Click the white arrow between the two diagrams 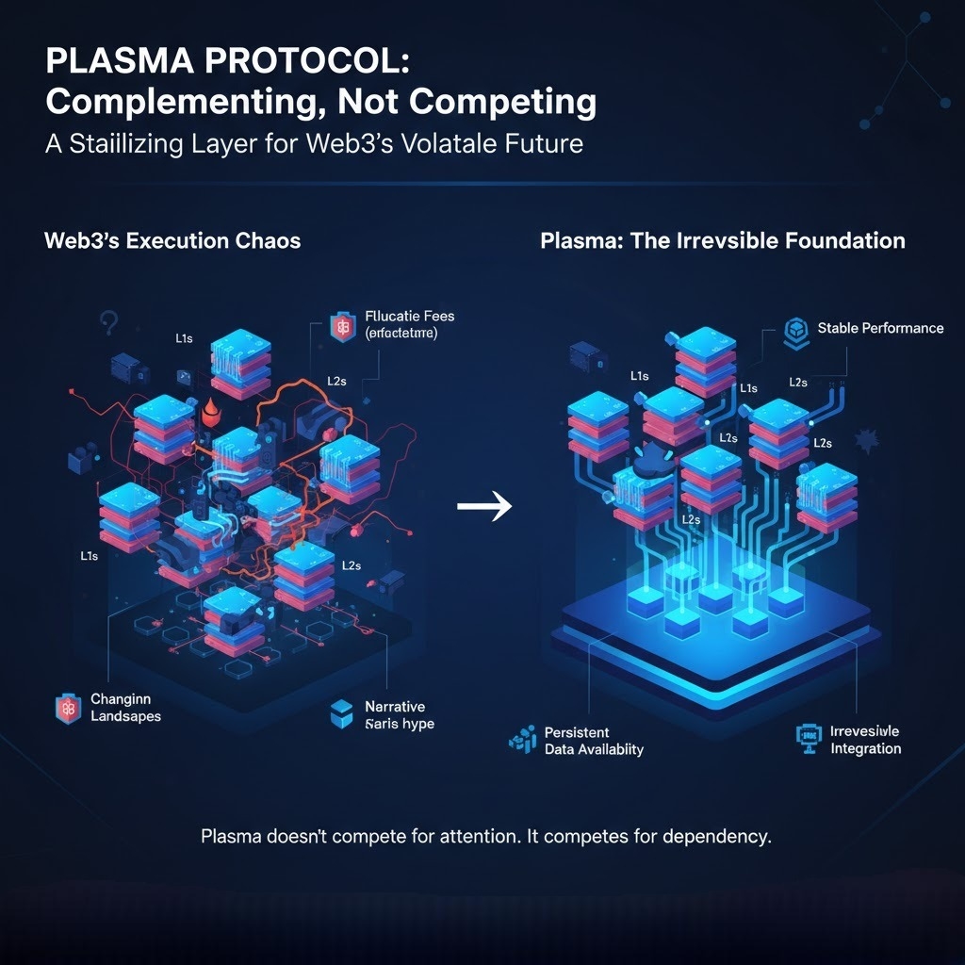pos(483,507)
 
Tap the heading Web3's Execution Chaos pos(172,240)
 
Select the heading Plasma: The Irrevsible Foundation pos(723,240)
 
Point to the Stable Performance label pos(880,328)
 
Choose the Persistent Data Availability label pos(594,741)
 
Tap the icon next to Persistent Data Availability pos(521,742)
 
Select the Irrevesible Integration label pos(865,740)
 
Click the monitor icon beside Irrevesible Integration pos(808,740)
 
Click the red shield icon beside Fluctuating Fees pos(339,327)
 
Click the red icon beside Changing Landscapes pos(65,709)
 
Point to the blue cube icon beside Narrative pos(341,714)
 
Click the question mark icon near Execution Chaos pos(106,323)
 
